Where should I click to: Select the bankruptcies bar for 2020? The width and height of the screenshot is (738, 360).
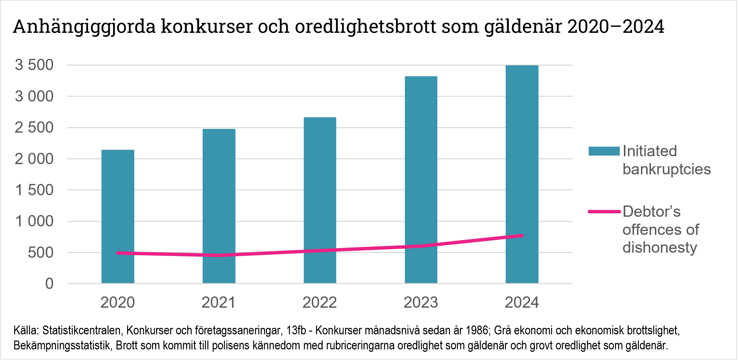118,205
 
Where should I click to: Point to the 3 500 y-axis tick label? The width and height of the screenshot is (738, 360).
34,65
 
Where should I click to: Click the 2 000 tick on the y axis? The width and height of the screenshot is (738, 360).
34,159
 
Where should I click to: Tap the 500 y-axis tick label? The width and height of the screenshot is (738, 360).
41,253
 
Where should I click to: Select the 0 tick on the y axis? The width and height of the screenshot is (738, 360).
50,284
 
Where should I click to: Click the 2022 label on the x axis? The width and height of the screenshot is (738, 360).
320,303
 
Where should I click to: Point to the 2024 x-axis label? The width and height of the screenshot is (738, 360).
522,303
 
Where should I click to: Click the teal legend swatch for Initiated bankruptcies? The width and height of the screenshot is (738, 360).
604,151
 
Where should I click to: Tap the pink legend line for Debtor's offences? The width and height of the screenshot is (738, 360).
604,212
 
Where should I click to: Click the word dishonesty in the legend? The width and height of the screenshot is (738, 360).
659,248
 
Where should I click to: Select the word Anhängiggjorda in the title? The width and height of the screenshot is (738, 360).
84,27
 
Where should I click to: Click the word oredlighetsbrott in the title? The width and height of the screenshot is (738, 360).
366,27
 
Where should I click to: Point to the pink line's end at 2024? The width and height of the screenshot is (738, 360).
522,236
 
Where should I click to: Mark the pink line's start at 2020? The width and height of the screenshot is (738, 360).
118,253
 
